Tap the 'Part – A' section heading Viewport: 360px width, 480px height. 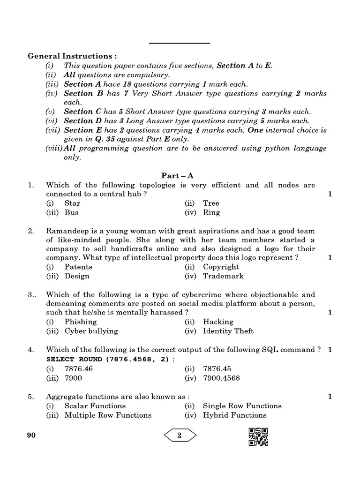click(178, 176)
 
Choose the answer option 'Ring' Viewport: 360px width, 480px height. click(211, 212)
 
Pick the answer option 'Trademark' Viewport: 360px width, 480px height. click(223, 276)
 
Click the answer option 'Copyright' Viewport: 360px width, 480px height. click(221, 267)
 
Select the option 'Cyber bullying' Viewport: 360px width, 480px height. click(91, 331)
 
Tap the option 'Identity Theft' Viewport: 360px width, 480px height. click(228, 331)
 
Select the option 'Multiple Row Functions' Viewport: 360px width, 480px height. click(108, 415)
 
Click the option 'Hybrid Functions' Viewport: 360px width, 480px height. click(234, 415)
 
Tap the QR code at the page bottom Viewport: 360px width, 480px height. click(258, 437)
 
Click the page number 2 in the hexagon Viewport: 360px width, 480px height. click(180, 435)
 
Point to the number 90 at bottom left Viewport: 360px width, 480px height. click(31, 435)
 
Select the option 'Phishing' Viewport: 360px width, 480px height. click(80, 322)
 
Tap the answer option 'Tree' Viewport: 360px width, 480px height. click(211, 203)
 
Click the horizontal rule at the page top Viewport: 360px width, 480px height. click(180, 44)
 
